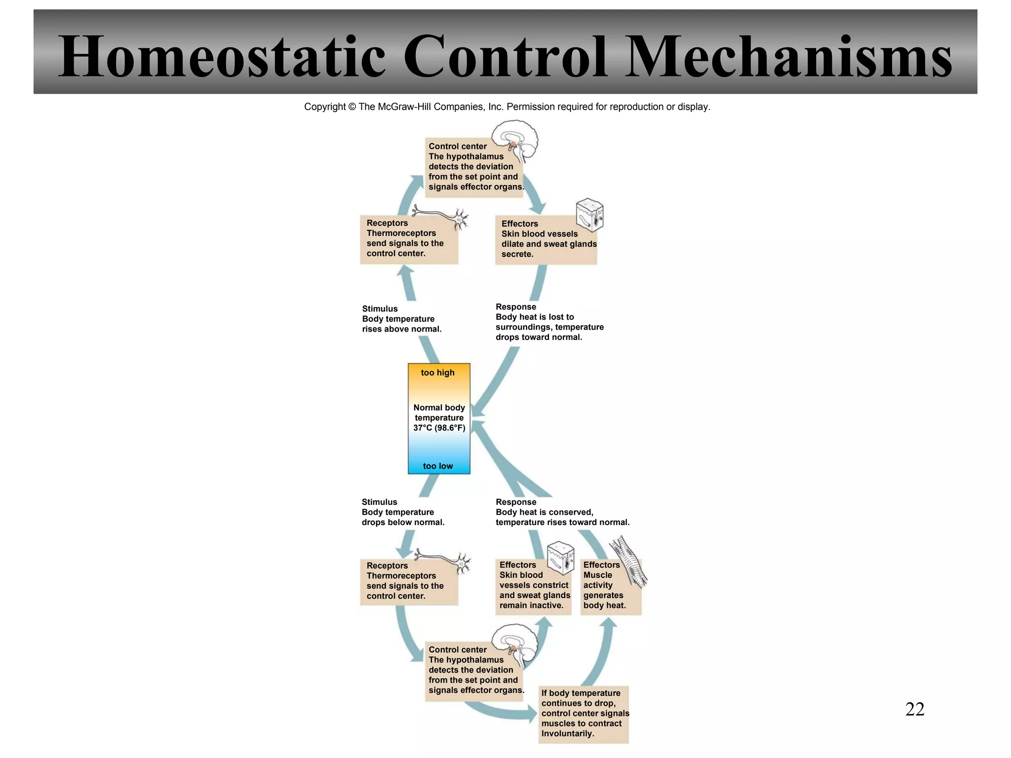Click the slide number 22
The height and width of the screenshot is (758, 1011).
(914, 709)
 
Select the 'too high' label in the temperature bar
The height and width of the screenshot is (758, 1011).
(437, 373)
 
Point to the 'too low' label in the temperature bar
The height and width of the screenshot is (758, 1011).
(437, 466)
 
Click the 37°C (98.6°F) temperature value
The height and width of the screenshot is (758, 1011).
(439, 428)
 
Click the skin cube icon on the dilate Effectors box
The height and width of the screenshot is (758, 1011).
(590, 215)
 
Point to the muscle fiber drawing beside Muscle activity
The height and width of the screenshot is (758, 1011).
(628, 563)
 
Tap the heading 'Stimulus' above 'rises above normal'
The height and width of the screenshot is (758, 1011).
(380, 309)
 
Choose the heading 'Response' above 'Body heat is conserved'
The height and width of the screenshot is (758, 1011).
(515, 502)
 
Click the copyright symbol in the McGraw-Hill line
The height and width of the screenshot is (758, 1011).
(351, 107)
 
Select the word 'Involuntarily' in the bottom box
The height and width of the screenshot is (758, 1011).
(567, 733)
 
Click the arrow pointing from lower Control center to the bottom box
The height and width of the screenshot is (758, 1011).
(504, 712)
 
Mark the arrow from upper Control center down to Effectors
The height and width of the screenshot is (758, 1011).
(535, 196)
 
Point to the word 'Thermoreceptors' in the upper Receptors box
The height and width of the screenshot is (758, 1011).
(401, 233)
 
